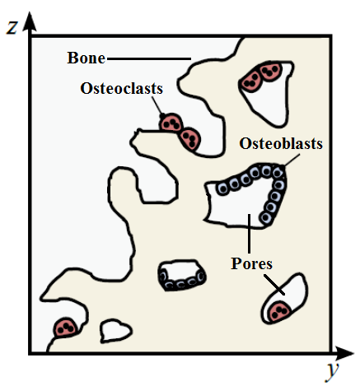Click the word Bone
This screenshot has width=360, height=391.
pyautogui.click(x=86, y=58)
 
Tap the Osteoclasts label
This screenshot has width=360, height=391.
pyautogui.click(x=122, y=88)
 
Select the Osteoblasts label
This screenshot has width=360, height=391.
pyautogui.click(x=281, y=143)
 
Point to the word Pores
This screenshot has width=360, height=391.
pyautogui.click(x=251, y=263)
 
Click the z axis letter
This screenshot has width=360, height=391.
pyautogui.click(x=12, y=27)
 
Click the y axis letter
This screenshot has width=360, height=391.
pyautogui.click(x=332, y=370)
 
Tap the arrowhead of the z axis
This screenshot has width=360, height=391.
pyautogui.click(x=30, y=21)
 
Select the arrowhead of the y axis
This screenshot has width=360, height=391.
pyautogui.click(x=344, y=353)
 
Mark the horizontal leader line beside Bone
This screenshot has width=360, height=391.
pyautogui.click(x=149, y=58)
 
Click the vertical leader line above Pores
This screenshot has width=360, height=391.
pyautogui.click(x=249, y=234)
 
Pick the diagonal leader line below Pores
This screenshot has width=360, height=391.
pyautogui.click(x=274, y=285)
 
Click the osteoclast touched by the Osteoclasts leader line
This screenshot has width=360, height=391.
pyautogui.click(x=171, y=123)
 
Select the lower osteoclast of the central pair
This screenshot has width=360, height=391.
pyautogui.click(x=189, y=138)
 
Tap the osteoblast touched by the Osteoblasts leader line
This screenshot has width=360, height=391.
pyautogui.click(x=278, y=173)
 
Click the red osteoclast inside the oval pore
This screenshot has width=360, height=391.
pyautogui.click(x=279, y=311)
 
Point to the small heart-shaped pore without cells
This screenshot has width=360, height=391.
pyautogui.click(x=115, y=331)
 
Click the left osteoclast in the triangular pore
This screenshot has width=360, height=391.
pyautogui.click(x=251, y=81)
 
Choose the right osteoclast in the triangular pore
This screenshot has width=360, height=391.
pyautogui.click(x=270, y=71)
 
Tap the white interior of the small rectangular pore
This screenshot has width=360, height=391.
pyautogui.click(x=180, y=270)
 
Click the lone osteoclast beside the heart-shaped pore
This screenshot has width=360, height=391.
pyautogui.click(x=65, y=328)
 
